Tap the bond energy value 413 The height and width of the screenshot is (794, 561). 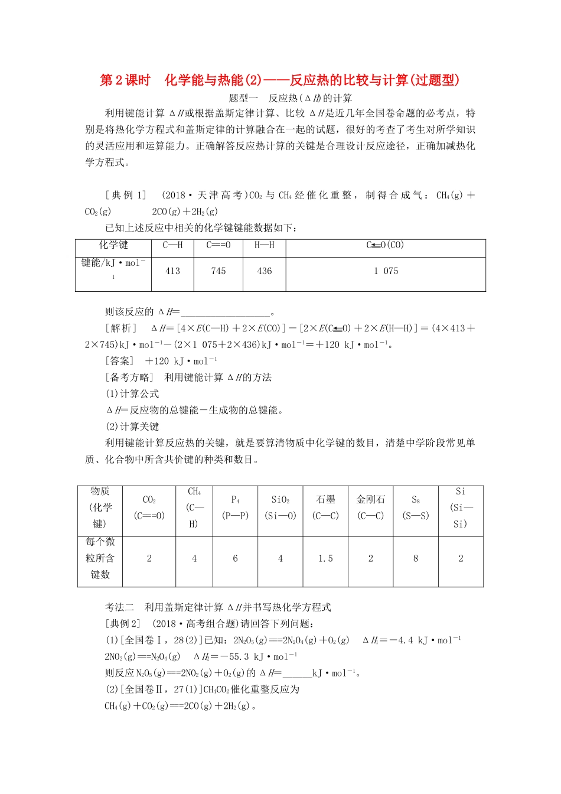[172, 271]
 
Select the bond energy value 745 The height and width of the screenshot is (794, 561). [218, 271]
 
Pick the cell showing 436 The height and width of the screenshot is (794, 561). [265, 271]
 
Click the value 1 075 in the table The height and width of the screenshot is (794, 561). [386, 271]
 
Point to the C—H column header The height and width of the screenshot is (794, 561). [172, 245]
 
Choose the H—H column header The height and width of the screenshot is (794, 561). [265, 245]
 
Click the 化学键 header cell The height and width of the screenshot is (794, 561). [113, 245]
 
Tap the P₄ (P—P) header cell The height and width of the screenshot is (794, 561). [235, 507]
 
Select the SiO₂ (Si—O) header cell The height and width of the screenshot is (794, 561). [280, 507]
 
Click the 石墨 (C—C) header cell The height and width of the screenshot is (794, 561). [325, 507]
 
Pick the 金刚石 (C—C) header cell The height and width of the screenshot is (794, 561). [371, 507]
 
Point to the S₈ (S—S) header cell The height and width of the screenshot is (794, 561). [416, 507]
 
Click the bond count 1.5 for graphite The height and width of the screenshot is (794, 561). [325, 558]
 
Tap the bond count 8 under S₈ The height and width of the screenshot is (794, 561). [416, 558]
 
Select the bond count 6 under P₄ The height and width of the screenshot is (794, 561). [235, 558]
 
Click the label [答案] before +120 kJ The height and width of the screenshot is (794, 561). [120, 361]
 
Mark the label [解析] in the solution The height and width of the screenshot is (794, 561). [121, 328]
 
